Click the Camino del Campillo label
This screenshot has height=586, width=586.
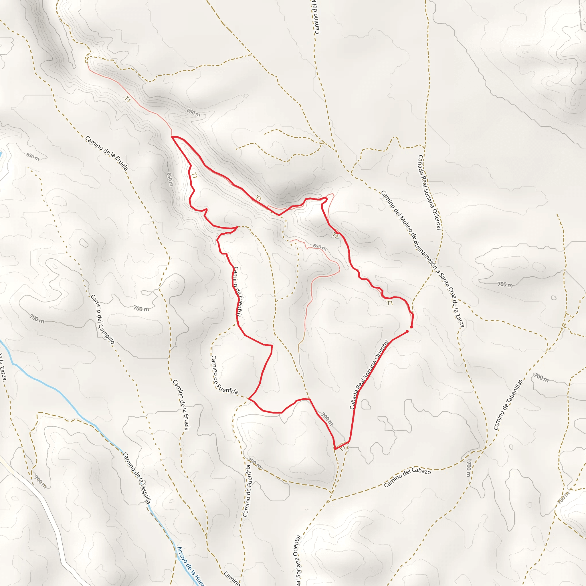coord(102,319)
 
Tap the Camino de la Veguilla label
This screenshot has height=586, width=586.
coord(136,478)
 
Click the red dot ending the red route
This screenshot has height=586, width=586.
coord(407,331)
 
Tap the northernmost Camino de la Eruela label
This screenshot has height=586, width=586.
coord(106,153)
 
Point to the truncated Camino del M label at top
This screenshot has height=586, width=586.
coord(316,17)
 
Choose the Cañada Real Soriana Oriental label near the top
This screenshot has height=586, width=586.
coord(429,192)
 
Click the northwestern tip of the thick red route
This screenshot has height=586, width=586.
coord(172,137)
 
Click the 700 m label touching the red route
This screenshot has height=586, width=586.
coord(327,419)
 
